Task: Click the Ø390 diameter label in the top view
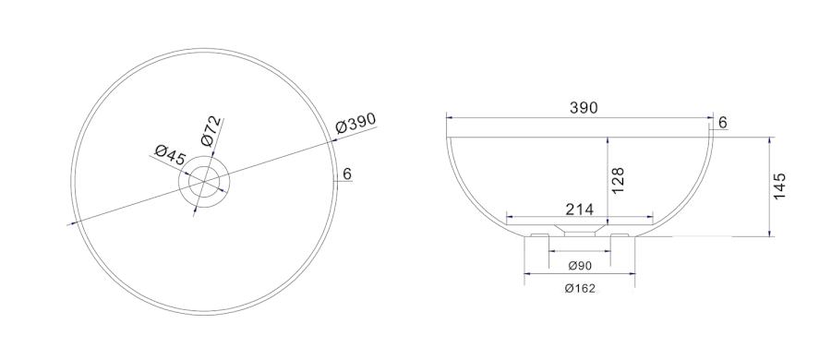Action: tap(355, 124)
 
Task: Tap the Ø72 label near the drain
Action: tap(211, 131)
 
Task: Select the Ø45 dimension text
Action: tap(170, 155)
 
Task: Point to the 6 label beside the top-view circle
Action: tap(348, 174)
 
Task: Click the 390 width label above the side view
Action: tap(584, 108)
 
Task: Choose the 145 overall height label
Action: tap(779, 186)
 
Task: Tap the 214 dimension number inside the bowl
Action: tap(579, 210)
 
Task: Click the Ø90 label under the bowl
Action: tap(580, 266)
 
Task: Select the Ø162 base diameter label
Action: tap(580, 288)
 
